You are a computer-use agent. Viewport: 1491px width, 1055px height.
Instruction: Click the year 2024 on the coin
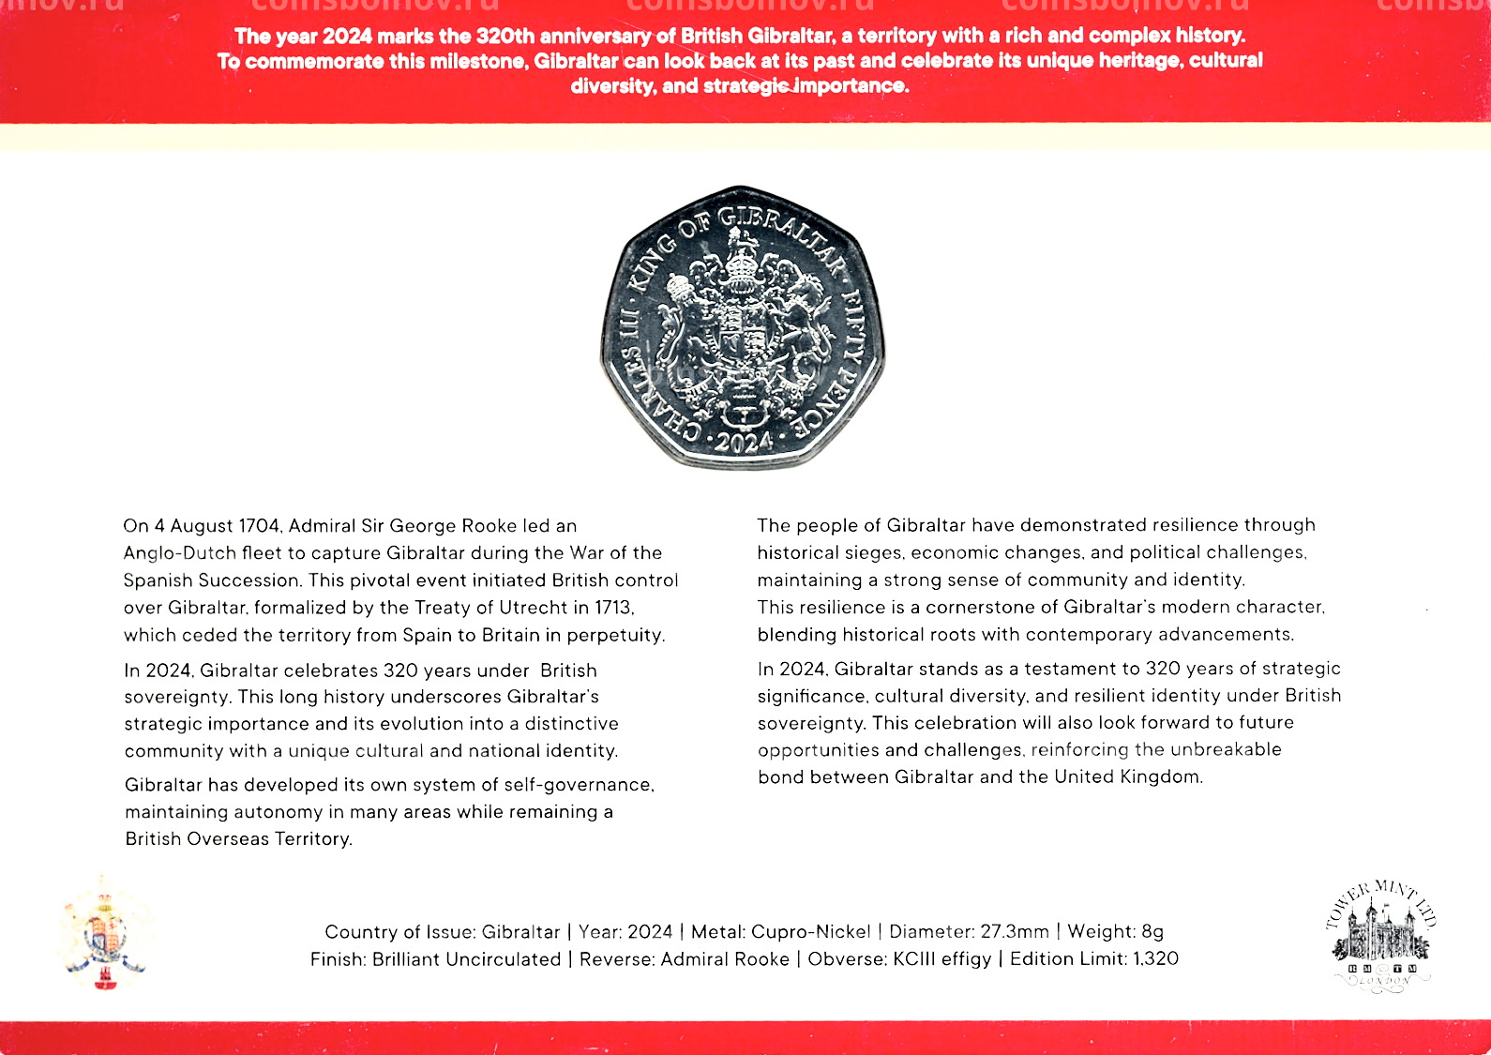click(x=743, y=442)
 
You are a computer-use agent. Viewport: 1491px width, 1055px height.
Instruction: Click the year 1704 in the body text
click(x=260, y=526)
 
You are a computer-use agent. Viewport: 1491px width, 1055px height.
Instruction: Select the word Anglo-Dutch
click(x=179, y=553)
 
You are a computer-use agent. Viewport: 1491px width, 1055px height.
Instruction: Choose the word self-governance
click(x=578, y=785)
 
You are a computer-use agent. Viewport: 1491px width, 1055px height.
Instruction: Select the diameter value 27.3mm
click(x=1015, y=932)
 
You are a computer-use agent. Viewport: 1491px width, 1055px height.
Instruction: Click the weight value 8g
click(x=1152, y=932)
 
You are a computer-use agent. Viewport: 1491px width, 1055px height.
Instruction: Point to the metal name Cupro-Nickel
click(x=810, y=932)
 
